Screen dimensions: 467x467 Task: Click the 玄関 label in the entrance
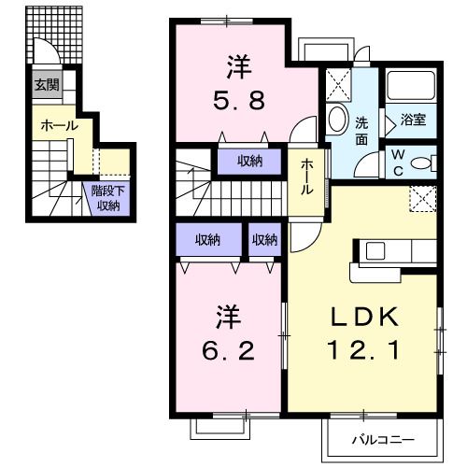click(x=46, y=85)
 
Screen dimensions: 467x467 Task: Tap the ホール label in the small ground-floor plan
click(x=58, y=125)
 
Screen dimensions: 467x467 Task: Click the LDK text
click(x=362, y=317)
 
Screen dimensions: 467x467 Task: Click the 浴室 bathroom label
click(x=413, y=120)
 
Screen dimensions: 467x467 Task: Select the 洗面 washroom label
click(x=363, y=129)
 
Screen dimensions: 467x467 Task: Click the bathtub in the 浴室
click(x=412, y=90)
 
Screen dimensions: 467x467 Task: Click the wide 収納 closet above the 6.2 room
click(x=207, y=240)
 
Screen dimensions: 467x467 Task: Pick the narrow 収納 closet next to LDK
click(x=264, y=240)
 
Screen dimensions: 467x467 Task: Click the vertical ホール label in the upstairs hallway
click(x=306, y=176)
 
